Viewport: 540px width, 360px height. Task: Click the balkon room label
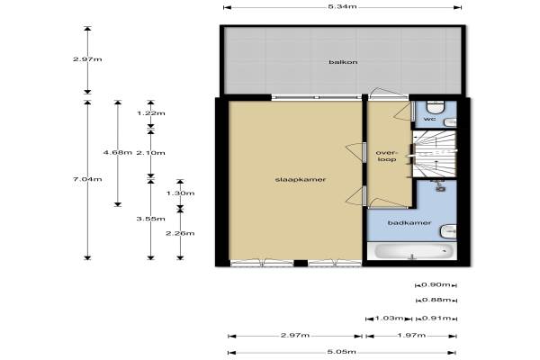pyautogui.click(x=337, y=62)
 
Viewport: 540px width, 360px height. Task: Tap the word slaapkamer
pyautogui.click(x=301, y=179)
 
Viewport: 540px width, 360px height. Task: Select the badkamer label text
pyautogui.click(x=409, y=223)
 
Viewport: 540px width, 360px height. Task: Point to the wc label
pyautogui.click(x=429, y=119)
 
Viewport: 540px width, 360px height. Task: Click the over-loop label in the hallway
pyautogui.click(x=387, y=156)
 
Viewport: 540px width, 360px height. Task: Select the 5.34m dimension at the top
pyautogui.click(x=342, y=6)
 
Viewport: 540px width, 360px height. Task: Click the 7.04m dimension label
pyautogui.click(x=87, y=179)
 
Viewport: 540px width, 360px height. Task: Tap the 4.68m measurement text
pyautogui.click(x=118, y=152)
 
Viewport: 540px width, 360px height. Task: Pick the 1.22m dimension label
pyautogui.click(x=151, y=113)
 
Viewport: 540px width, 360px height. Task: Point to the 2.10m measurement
pyautogui.click(x=151, y=153)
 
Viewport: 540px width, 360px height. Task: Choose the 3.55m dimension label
pyautogui.click(x=151, y=219)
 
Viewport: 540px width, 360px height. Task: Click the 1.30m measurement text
pyautogui.click(x=180, y=193)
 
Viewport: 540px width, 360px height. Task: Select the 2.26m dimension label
pyautogui.click(x=180, y=233)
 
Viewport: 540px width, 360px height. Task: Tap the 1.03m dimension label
pyautogui.click(x=389, y=318)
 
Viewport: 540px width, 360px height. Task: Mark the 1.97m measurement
pyautogui.click(x=411, y=335)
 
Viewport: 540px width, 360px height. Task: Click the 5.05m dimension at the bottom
pyautogui.click(x=342, y=352)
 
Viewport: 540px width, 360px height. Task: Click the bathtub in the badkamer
pyautogui.click(x=413, y=251)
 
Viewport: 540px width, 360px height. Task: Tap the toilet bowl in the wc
pyautogui.click(x=436, y=107)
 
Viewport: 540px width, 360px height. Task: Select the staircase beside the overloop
pyautogui.click(x=435, y=154)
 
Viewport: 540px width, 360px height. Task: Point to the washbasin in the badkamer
pyautogui.click(x=448, y=231)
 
